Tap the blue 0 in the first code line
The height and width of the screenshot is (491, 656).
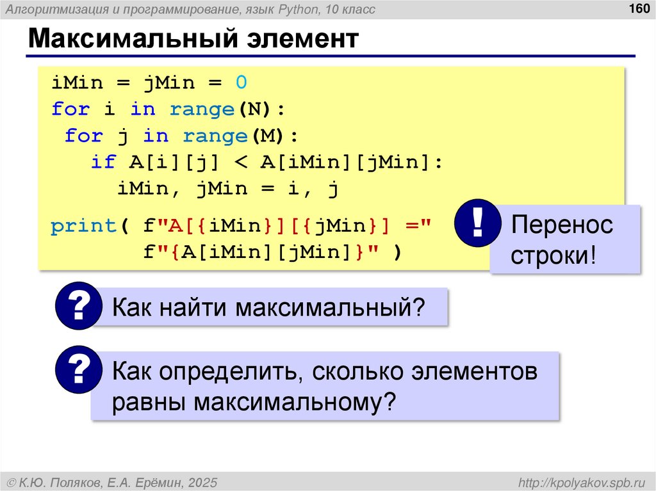[240, 83]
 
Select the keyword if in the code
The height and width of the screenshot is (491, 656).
[103, 163]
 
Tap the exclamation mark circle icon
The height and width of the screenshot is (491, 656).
[477, 223]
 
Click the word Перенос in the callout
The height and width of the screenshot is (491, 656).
[562, 225]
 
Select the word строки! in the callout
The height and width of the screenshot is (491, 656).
[553, 257]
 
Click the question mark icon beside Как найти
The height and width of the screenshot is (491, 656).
[78, 307]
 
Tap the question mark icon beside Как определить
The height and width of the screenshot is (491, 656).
[78, 371]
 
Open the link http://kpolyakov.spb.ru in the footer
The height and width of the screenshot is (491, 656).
[582, 481]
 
